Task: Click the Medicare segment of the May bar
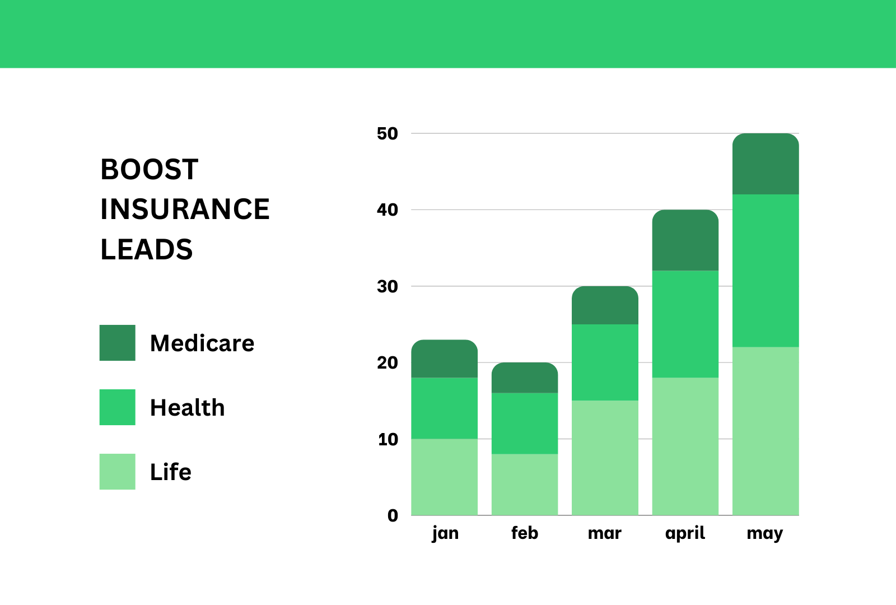point(766,164)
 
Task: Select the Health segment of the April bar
point(685,324)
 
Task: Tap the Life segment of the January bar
point(445,477)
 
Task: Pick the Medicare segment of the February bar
point(525,378)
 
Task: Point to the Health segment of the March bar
point(605,362)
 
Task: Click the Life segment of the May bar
point(766,431)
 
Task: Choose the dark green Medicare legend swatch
point(117,343)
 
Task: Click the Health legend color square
point(117,407)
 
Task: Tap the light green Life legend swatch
point(117,472)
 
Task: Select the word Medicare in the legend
point(202,343)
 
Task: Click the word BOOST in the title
point(149,169)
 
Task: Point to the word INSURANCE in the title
point(185,210)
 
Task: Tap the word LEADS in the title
point(146,249)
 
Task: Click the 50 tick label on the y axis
point(387,134)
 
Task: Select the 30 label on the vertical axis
point(387,286)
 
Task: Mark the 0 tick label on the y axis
point(393,515)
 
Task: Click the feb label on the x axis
point(525,533)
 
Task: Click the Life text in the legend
point(171,472)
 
